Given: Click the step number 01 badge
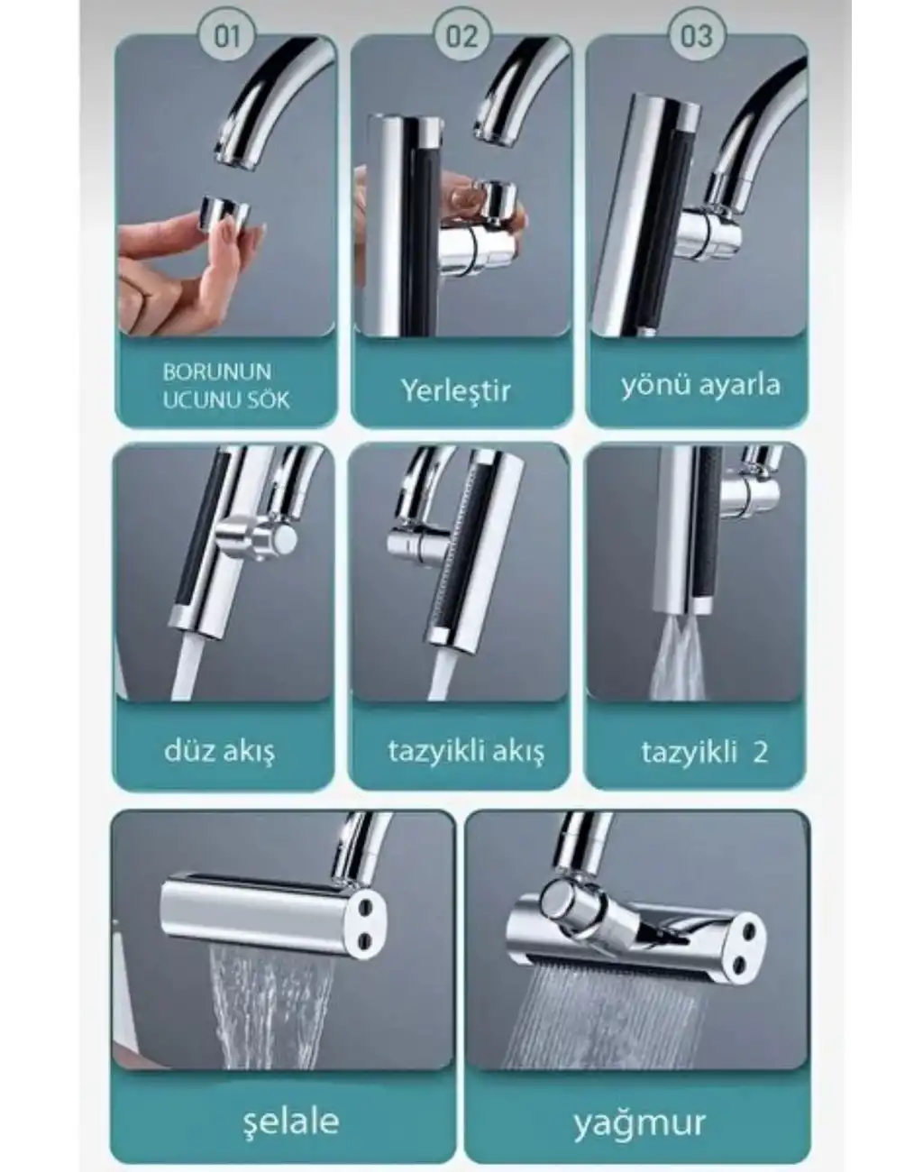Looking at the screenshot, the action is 226,36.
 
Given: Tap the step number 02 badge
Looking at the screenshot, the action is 461,36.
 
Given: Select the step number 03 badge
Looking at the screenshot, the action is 697,36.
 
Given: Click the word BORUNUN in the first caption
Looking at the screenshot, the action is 217,372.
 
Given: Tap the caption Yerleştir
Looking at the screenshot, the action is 456,390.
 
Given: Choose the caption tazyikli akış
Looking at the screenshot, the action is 466,753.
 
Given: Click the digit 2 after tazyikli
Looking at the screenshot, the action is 761,752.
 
